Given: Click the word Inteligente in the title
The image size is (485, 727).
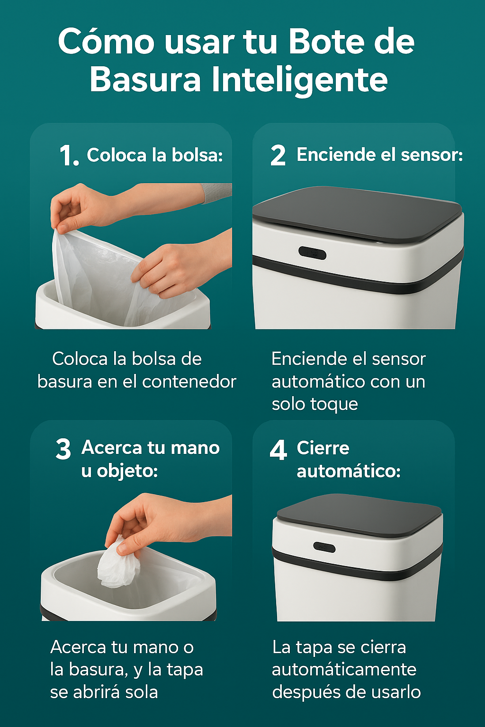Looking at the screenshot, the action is [299, 81].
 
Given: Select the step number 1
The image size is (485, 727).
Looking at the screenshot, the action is [69, 155].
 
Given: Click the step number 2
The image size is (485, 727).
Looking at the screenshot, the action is [278, 155].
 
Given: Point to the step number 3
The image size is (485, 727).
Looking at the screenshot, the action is [63, 449].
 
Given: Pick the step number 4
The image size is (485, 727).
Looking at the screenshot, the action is [278, 450].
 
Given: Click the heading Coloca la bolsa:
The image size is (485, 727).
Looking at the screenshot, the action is [154, 155].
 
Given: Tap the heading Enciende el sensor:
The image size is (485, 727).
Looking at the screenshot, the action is [379, 154].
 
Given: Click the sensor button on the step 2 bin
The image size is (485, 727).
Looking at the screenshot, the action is [312, 253].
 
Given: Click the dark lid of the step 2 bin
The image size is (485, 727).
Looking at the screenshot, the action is [357, 214].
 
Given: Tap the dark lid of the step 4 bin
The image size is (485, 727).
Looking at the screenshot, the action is [359, 515].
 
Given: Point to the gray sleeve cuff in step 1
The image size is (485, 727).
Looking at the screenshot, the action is [216, 193].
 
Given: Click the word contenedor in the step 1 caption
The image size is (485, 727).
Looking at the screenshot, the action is [189, 381].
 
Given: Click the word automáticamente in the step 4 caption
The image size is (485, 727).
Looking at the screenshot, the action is [344, 670].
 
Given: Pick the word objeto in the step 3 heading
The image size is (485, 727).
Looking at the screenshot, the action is [127, 471].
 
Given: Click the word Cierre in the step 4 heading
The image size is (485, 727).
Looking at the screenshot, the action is [323, 448].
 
